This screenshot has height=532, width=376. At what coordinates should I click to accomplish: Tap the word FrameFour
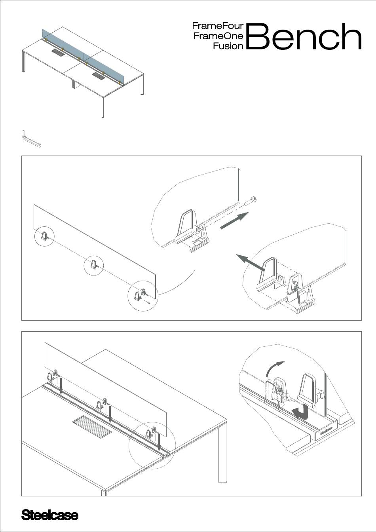(x=218, y=27)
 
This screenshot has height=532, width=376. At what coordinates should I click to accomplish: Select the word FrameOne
(x=218, y=36)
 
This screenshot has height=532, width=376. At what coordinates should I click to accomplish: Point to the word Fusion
(x=228, y=46)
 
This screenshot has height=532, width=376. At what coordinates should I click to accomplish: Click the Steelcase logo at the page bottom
(x=49, y=515)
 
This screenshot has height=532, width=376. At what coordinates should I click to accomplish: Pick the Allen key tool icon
(x=30, y=139)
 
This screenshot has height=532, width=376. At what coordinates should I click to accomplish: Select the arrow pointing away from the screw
(x=234, y=220)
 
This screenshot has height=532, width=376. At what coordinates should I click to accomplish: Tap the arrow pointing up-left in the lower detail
(x=251, y=263)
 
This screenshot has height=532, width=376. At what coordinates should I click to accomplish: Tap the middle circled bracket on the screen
(x=94, y=265)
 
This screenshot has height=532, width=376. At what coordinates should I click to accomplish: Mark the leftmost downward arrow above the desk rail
(x=61, y=386)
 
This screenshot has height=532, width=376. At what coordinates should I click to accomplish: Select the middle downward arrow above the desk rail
(x=110, y=414)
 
